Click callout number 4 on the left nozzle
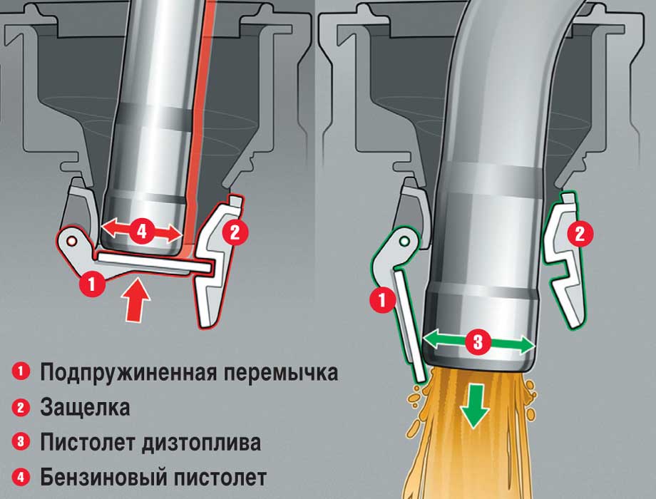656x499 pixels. click(141, 230)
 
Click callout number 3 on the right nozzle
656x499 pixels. click(478, 343)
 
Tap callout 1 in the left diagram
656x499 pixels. click(91, 284)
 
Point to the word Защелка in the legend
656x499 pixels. click(85, 408)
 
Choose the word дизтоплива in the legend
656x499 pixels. click(203, 442)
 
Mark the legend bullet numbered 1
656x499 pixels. click(21, 372)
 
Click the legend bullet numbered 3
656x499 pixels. click(21, 442)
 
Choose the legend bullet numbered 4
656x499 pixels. click(21, 476)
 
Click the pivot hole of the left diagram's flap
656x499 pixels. click(71, 242)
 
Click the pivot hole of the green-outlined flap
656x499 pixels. click(404, 242)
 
